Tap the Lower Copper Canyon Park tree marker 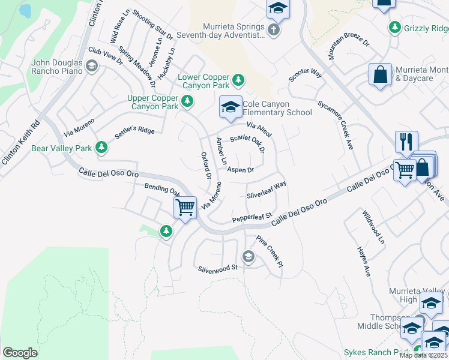[238, 80]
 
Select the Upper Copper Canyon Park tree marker [187, 102]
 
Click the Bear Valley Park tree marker [101, 147]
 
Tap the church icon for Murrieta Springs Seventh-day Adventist [274, 30]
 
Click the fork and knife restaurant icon [406, 142]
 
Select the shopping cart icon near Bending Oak [185, 208]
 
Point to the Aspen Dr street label [240, 170]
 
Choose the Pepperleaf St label [252, 217]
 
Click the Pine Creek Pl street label [269, 251]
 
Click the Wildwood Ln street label [372, 227]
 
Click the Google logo [20, 352]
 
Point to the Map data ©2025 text [423, 355]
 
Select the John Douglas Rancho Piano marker [92, 65]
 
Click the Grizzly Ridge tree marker [395, 27]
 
